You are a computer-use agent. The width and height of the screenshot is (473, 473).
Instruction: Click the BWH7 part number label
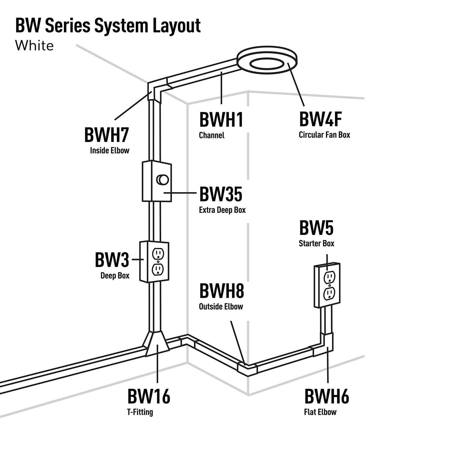(x=106, y=135)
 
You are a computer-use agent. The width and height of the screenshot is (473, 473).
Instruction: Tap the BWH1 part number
(x=221, y=120)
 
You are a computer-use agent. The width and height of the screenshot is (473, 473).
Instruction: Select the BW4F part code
(x=320, y=119)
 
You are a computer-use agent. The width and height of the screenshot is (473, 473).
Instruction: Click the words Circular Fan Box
(x=324, y=135)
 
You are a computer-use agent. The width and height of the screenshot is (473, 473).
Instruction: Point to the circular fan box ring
(x=267, y=60)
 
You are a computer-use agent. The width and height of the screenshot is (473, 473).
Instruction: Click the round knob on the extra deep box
(x=163, y=180)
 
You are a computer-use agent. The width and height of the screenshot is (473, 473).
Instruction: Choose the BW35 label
(x=220, y=194)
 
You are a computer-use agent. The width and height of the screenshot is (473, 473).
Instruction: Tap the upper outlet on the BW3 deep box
(x=158, y=254)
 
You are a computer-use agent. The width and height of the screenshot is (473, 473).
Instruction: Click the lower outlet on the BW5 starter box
(x=329, y=294)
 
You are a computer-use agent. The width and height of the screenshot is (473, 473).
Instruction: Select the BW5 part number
(x=316, y=228)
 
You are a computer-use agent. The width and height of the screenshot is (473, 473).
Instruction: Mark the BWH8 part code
(x=221, y=291)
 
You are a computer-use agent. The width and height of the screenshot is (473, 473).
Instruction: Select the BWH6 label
(x=326, y=397)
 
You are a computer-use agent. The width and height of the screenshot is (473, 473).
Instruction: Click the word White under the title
(x=34, y=46)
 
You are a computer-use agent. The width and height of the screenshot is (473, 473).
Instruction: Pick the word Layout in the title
(x=177, y=26)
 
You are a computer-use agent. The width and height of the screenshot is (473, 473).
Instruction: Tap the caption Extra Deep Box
(x=222, y=210)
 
